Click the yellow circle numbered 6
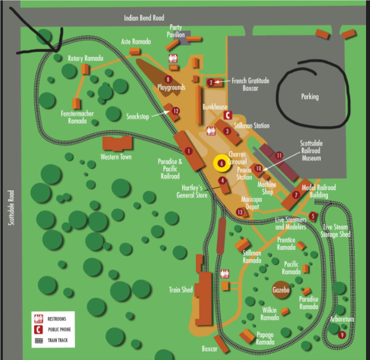click(x=222, y=163)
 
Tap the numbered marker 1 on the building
click(x=189, y=151)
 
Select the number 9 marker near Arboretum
click(x=342, y=335)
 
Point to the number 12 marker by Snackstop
click(x=175, y=111)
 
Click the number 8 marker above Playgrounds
click(x=168, y=79)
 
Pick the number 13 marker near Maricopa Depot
click(x=240, y=212)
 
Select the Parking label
click(x=309, y=96)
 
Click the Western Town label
click(x=116, y=157)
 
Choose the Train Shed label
click(x=181, y=290)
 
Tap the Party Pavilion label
click(x=176, y=31)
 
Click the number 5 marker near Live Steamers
click(x=313, y=216)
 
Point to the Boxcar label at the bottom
click(x=209, y=349)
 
